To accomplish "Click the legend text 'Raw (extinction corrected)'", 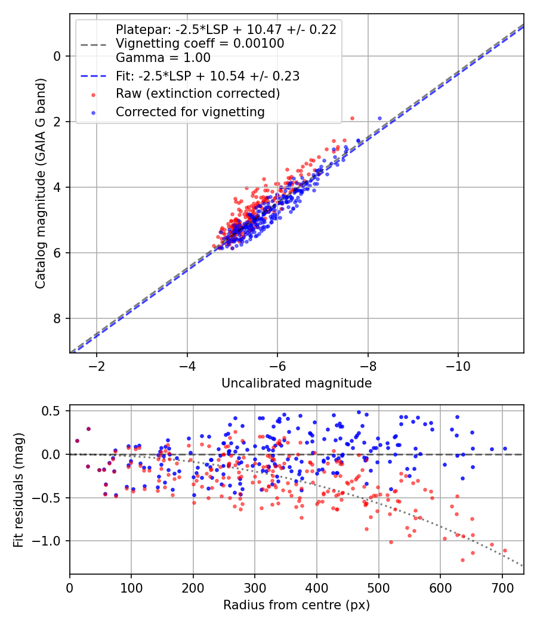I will click(x=197, y=94).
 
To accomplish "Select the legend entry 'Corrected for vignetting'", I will click(x=190, y=111).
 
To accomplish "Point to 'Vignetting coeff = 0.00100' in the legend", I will click(x=200, y=44).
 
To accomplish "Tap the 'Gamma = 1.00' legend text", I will click(x=163, y=58).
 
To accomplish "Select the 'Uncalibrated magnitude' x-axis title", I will click(x=297, y=383).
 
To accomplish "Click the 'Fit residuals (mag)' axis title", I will click(x=19, y=489).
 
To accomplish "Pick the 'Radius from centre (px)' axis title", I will click(x=297, y=605).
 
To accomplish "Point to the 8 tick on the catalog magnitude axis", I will click(x=58, y=318).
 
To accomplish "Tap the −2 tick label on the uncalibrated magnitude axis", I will click(x=97, y=365).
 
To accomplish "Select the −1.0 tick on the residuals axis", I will click(x=49, y=541).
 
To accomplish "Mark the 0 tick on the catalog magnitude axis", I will click(x=58, y=56).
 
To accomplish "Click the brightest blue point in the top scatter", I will click(x=379, y=118).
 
